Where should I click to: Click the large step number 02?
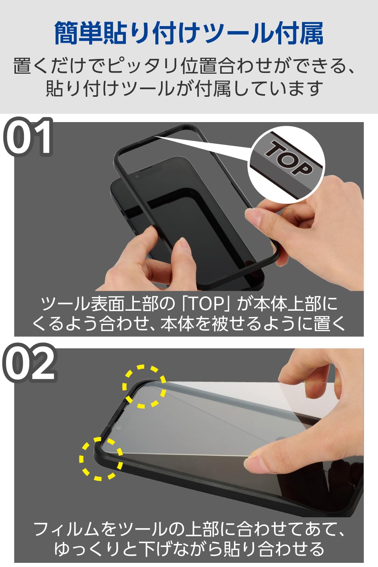pyautogui.click(x=29, y=363)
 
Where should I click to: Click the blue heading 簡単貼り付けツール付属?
pyautogui.click(x=189, y=33)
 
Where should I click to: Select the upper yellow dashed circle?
pyautogui.click(x=144, y=387)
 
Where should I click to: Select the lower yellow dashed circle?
pyautogui.click(x=101, y=459)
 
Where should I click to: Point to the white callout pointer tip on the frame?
pyautogui.click(x=155, y=137)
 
